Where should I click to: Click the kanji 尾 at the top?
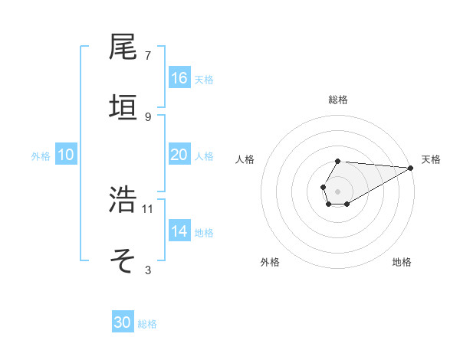click(123, 47)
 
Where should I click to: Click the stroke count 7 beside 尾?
click(147, 56)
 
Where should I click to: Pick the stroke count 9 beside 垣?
click(147, 116)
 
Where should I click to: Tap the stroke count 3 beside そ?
click(147, 270)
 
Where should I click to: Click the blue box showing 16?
click(179, 78)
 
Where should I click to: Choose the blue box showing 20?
click(179, 155)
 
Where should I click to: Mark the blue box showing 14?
click(179, 231)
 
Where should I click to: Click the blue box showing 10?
click(66, 155)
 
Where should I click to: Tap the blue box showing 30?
click(123, 322)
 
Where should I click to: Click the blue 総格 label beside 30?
click(147, 324)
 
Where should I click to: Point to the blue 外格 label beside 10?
click(41, 155)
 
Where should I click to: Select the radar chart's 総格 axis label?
click(337, 100)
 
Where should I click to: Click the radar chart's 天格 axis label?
click(432, 159)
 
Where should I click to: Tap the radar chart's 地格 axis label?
click(402, 262)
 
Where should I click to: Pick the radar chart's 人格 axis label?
click(245, 159)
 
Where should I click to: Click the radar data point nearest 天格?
click(411, 168)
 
